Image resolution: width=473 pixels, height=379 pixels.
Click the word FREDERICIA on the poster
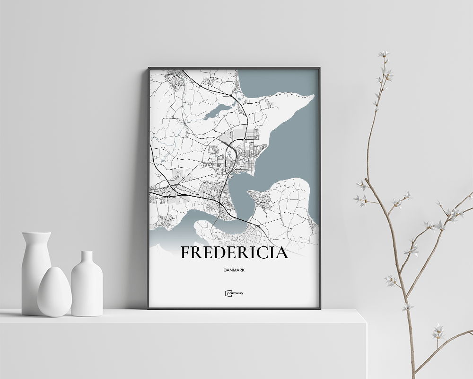[x=234, y=253]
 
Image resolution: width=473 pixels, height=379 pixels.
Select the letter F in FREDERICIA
[x=185, y=253]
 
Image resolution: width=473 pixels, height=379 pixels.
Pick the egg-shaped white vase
[x=54, y=291]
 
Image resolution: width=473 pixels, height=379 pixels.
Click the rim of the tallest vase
[x=36, y=234]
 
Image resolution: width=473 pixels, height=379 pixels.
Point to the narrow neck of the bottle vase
[x=87, y=258]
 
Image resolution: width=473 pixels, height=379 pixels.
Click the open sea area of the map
[x=293, y=142]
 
